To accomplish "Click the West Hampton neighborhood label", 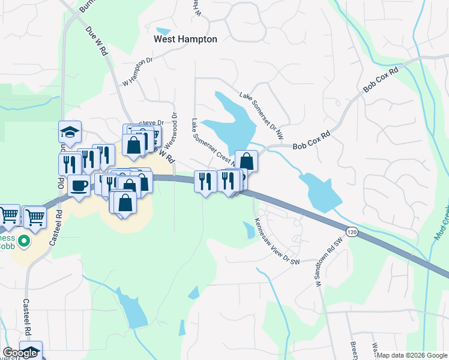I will coord(185,39).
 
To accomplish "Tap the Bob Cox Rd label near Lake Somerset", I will coord(312,142).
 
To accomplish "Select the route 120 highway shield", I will coord(353,231).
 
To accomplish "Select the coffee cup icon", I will coord(79,185).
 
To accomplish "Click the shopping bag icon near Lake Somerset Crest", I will coord(246,161).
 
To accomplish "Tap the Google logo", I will coord(20,353).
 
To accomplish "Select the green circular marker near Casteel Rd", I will coord(24,241).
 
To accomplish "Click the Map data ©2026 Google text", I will coord(412,355).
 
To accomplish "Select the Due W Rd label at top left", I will coord(97,42).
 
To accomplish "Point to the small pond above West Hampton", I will coord(163,31).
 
